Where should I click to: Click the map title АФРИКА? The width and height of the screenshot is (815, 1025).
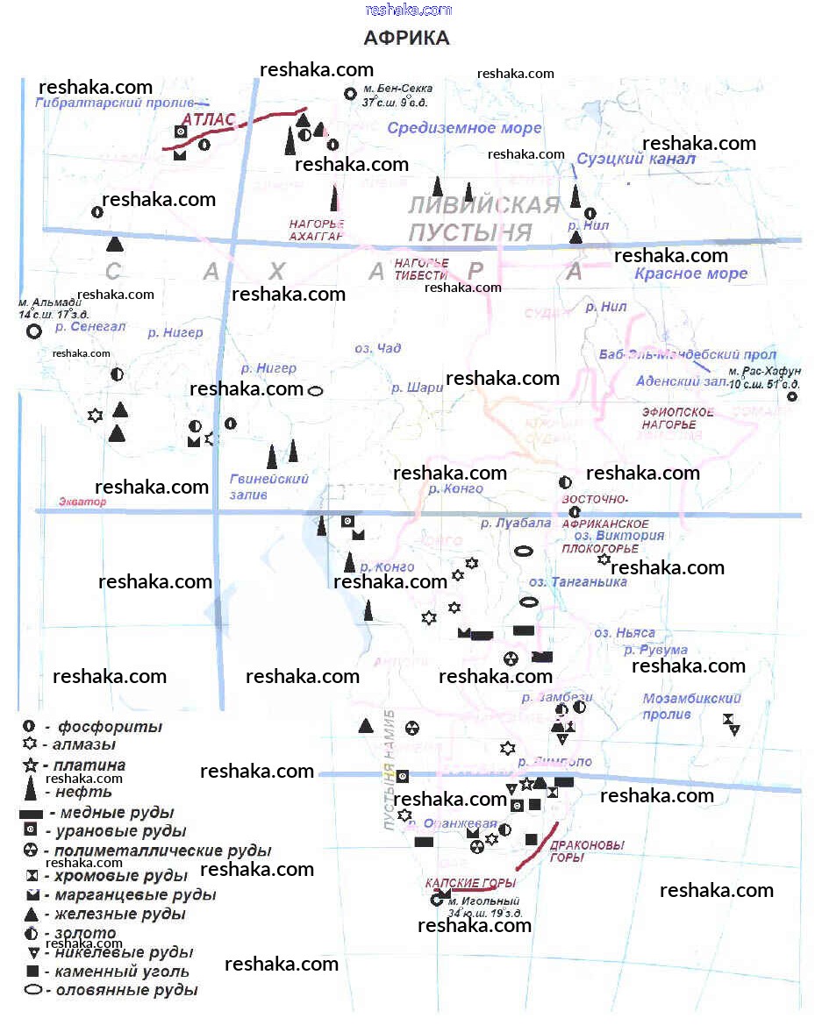(x=406, y=39)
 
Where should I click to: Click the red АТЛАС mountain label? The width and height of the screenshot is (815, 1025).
(x=209, y=120)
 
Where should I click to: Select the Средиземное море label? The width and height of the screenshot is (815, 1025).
(x=464, y=128)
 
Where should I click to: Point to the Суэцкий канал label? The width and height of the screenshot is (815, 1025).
(x=635, y=159)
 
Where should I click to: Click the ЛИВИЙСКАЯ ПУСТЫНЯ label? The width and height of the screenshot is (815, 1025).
(x=483, y=218)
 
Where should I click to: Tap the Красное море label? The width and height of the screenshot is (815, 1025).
(x=691, y=274)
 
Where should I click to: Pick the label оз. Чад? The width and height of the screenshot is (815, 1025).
(x=378, y=348)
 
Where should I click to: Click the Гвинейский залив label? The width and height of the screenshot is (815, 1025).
(x=268, y=487)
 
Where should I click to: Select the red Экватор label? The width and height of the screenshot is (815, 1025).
(x=82, y=502)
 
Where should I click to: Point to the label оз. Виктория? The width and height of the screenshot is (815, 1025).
(x=618, y=536)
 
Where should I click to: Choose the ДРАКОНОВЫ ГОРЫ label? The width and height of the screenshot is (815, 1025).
(x=586, y=851)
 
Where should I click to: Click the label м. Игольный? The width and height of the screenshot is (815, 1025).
(x=484, y=901)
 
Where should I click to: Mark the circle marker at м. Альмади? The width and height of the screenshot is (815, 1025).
(x=33, y=331)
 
